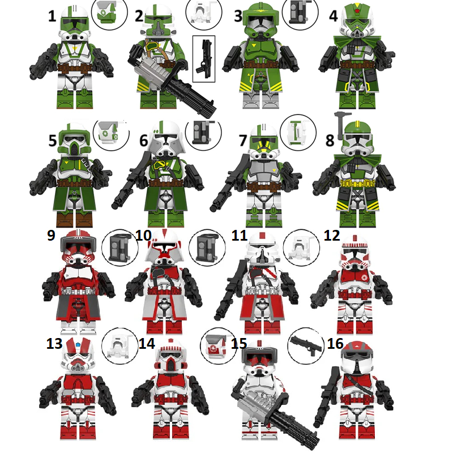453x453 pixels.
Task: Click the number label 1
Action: click(x=52, y=15)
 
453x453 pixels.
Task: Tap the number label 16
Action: click(x=336, y=344)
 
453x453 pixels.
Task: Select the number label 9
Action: click(x=52, y=234)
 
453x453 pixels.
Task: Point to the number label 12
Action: click(x=332, y=234)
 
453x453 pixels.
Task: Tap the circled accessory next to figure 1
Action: click(x=106, y=14)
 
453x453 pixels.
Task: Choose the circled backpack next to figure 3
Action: click(x=299, y=13)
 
